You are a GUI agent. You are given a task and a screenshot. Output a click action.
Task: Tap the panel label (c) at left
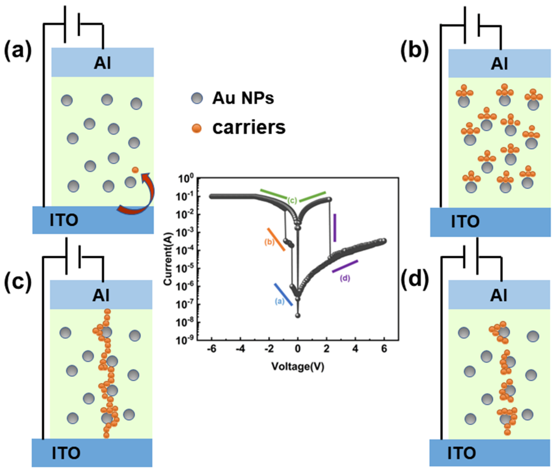[x=18, y=282]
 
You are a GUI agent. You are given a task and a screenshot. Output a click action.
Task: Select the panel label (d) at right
[x=414, y=282]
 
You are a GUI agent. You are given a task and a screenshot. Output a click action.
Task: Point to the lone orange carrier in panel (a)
[x=135, y=170]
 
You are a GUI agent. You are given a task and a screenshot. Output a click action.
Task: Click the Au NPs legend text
[x=243, y=98]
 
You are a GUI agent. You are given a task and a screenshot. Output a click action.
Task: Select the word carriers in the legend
[x=249, y=128]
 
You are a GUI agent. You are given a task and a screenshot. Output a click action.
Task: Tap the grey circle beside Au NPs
[x=197, y=98]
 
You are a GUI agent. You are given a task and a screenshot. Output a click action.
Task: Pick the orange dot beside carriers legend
[x=197, y=128]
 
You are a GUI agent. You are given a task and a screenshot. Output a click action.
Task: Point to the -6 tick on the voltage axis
[x=212, y=349]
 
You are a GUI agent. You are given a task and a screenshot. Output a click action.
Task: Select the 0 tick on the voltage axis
[x=298, y=349]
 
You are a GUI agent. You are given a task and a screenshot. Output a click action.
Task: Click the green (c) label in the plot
[x=292, y=201]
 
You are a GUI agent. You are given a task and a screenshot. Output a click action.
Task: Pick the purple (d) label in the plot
[x=345, y=278]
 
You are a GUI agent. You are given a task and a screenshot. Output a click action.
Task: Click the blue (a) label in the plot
[x=279, y=301]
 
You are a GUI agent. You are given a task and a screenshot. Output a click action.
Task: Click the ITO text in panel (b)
[x=465, y=222]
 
